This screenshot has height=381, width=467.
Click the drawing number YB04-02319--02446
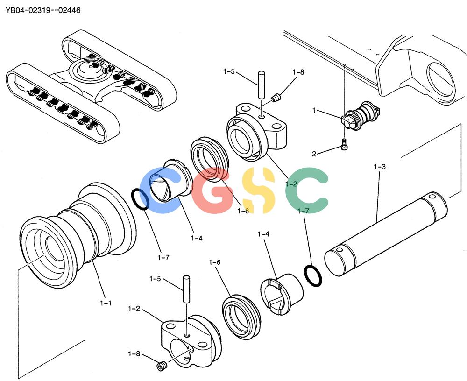43,10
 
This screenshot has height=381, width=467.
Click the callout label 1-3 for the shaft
379,167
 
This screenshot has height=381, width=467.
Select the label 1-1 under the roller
106,303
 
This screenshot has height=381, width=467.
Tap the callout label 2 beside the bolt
314,154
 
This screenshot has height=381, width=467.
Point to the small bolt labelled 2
344,144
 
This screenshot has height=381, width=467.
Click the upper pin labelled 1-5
262,85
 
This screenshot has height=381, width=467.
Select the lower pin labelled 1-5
186,289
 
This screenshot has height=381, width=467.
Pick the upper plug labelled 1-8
276,98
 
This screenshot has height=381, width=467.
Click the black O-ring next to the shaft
313,275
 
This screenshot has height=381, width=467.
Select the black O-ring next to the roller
140,199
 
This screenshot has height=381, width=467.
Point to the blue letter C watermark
158,190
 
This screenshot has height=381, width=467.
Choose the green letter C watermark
307,190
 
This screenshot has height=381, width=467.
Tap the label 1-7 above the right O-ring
303,211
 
